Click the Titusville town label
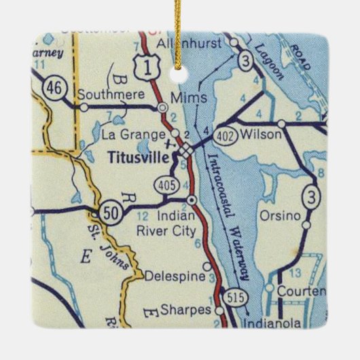(140, 156)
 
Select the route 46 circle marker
(52, 88)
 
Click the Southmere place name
(104, 95)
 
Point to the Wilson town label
(262, 134)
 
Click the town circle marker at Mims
(162, 107)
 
